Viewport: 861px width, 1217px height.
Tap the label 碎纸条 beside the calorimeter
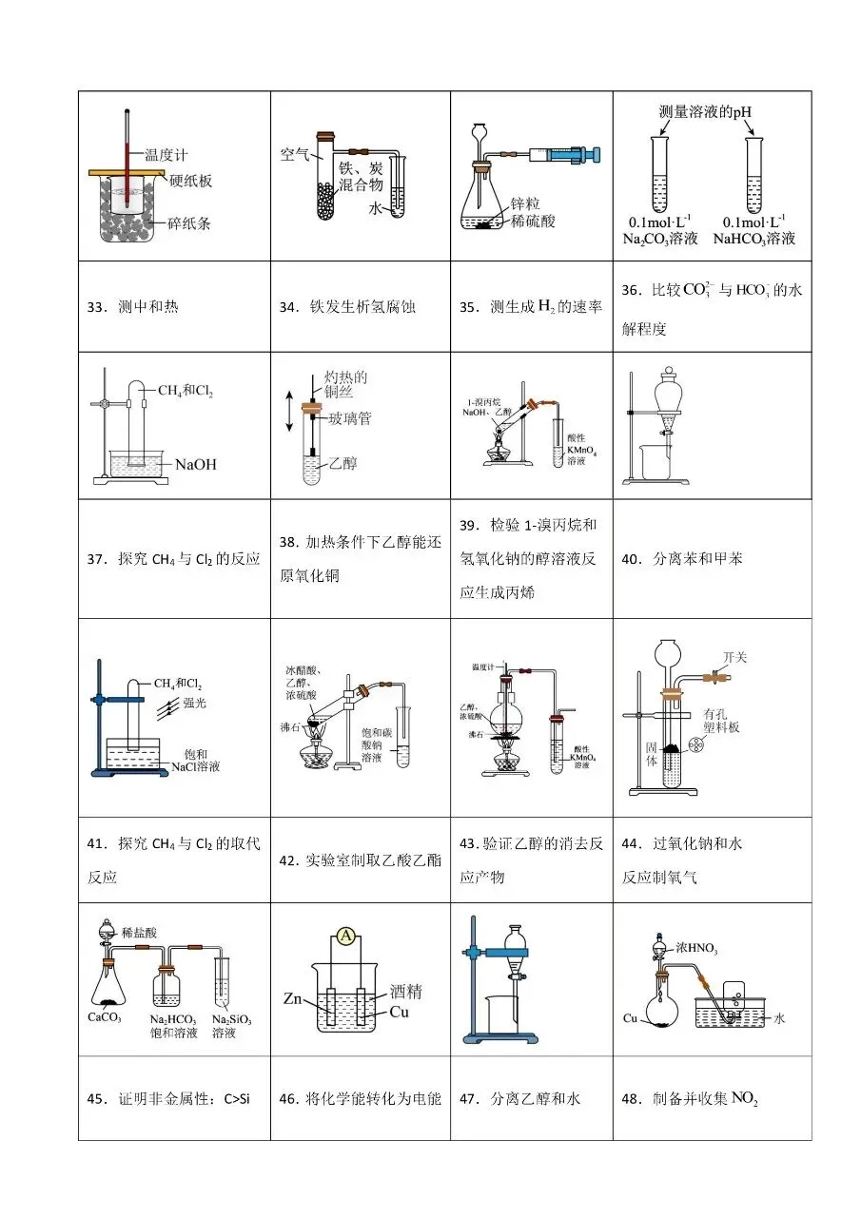189,224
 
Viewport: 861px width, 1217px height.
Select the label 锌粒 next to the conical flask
526,203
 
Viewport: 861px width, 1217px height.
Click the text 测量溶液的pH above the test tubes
713,112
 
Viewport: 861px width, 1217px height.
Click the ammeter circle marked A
346,938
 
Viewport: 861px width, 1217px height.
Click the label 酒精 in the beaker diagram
405,992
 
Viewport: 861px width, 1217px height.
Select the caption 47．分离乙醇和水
519,1098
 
